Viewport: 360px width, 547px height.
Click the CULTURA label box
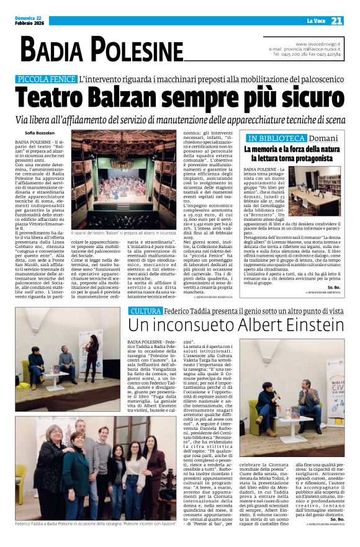point(146,311)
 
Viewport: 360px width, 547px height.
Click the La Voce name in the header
point(315,21)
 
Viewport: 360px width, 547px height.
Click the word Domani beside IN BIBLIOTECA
point(324,138)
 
